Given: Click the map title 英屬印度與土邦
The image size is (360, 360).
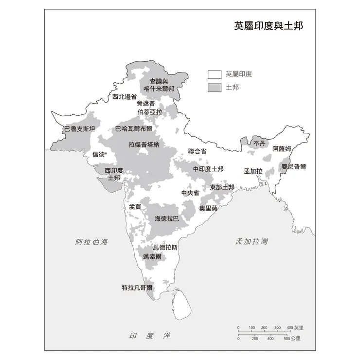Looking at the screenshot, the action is (268, 26).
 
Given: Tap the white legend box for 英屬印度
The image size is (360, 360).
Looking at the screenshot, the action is (215, 74).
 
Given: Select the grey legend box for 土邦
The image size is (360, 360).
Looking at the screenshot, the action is (215, 88).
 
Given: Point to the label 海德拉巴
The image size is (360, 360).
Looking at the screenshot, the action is (167, 219).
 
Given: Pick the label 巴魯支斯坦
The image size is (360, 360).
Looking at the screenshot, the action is (79, 129).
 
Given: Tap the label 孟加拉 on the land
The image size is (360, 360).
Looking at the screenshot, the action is (253, 171).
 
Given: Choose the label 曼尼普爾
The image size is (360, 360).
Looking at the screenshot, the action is (294, 166).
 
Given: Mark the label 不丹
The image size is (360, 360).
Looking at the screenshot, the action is (259, 144).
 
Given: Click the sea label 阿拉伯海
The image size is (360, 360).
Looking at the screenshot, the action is (91, 242).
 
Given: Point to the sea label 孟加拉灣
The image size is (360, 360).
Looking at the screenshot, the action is (252, 242).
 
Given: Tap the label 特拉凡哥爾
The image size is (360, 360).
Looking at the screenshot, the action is (137, 288).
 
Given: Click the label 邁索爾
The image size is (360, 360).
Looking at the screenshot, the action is (152, 256).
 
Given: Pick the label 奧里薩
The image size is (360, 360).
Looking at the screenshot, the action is (208, 208).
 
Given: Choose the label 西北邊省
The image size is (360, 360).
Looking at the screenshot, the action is (125, 97).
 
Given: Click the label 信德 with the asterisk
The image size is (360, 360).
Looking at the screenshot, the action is (99, 154).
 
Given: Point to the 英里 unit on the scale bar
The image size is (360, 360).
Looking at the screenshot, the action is (299, 328).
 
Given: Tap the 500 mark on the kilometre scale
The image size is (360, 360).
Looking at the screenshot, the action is (287, 338).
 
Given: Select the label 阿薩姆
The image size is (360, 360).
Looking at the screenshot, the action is (282, 148).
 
